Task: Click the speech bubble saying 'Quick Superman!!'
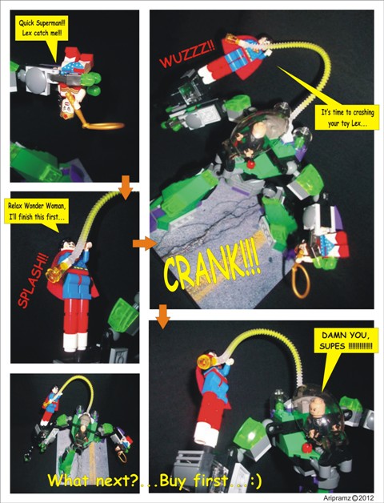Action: pos(42,29)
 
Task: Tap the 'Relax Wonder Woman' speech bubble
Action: pos(37,211)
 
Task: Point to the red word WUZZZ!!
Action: pos(187,55)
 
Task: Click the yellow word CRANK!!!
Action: pos(211,264)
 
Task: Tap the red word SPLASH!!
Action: pos(31,280)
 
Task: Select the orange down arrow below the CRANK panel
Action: pos(163,316)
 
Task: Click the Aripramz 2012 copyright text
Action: pos(349,498)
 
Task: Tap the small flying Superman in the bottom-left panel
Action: pos(50,403)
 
